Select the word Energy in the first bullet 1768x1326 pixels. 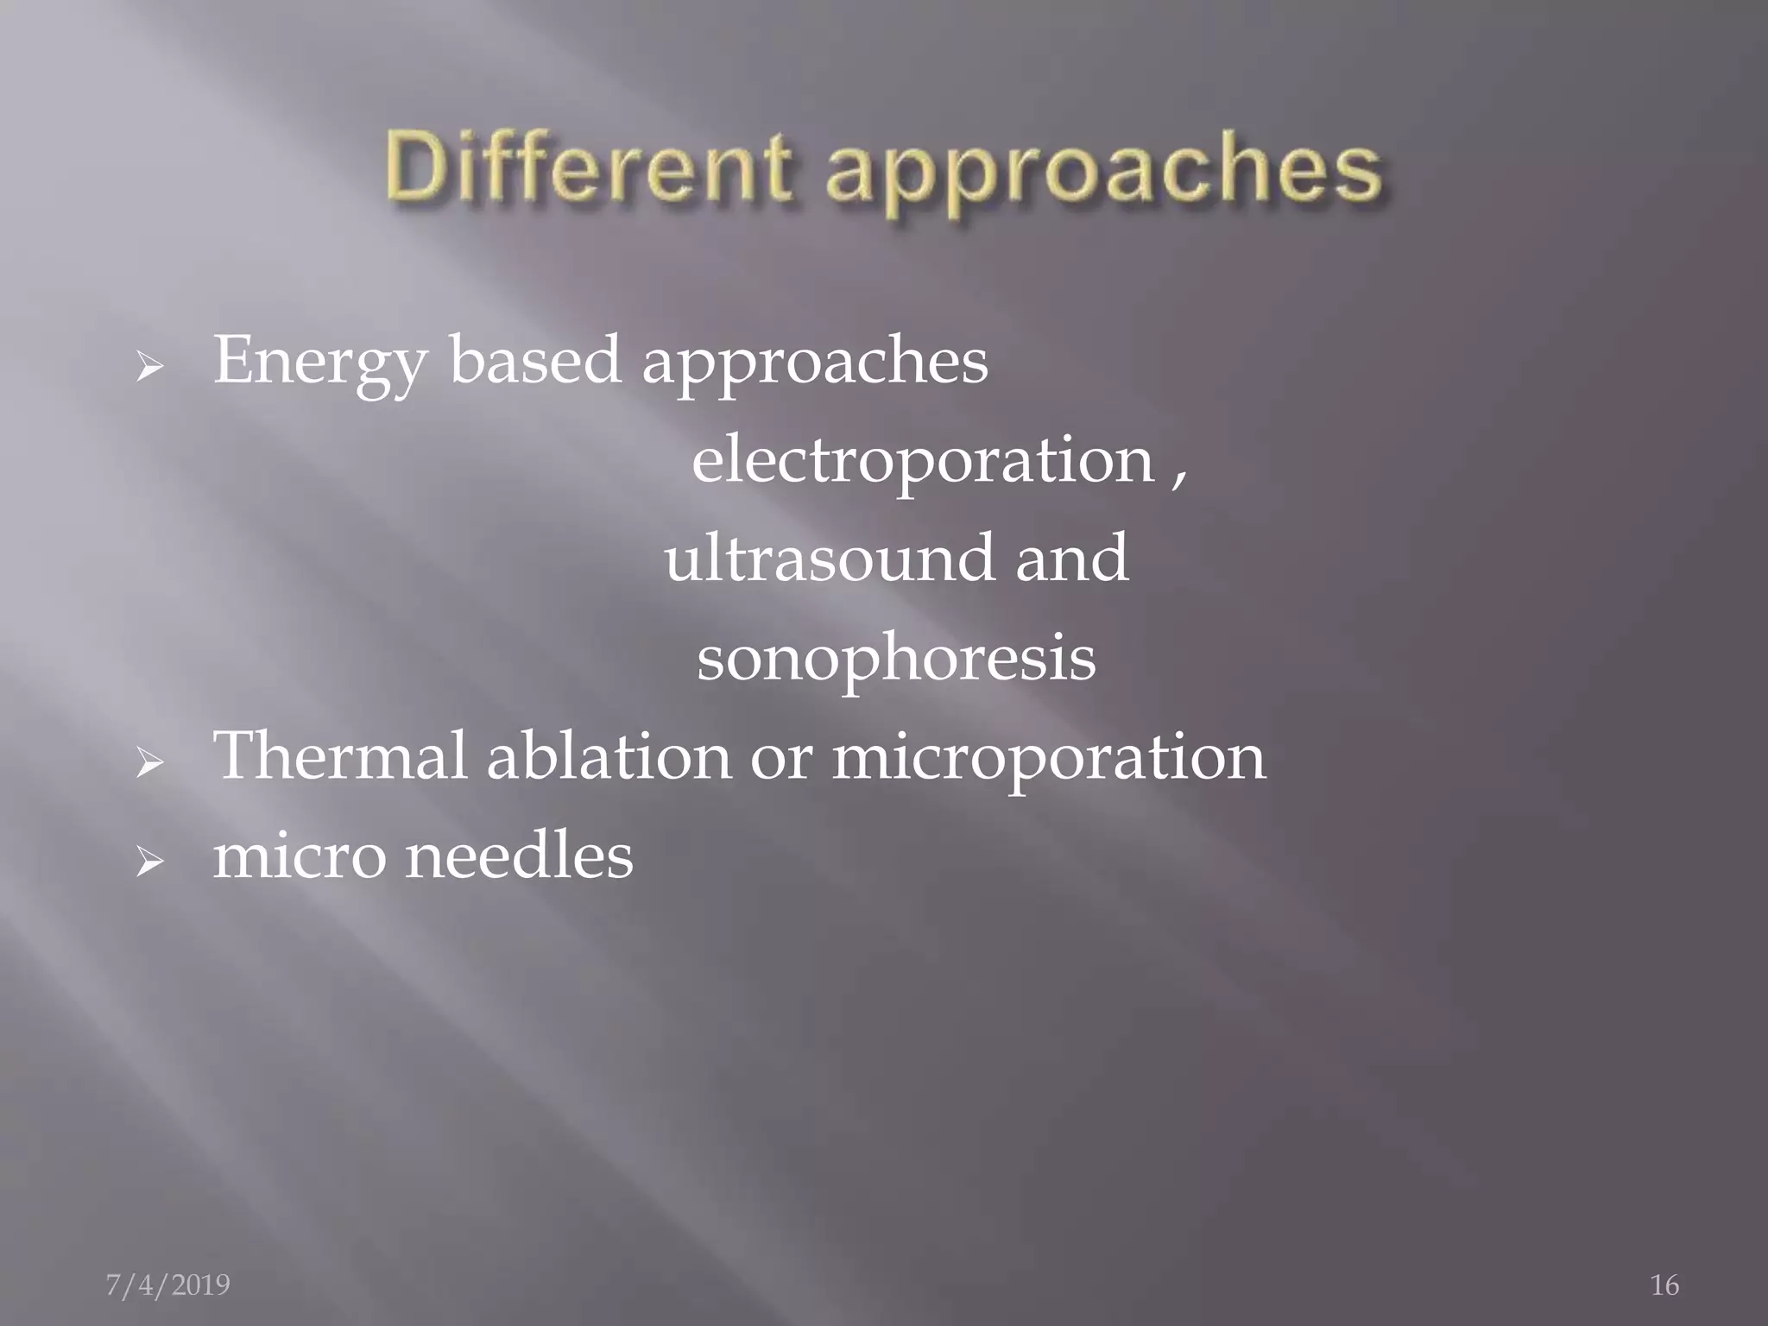319,363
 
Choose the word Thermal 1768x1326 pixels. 339,756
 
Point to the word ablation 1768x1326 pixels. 609,756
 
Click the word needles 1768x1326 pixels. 519,856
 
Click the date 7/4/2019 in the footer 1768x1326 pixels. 167,1285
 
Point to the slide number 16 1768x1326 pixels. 1664,1285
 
